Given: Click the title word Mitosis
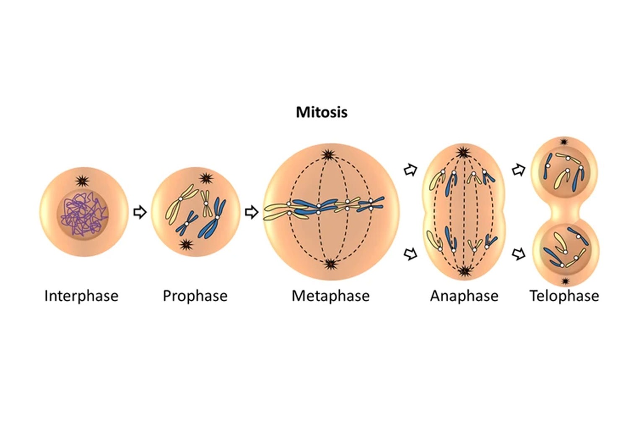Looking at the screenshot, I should pyautogui.click(x=322, y=112).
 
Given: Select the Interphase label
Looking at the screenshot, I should pyautogui.click(x=81, y=296).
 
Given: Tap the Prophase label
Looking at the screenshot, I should pyautogui.click(x=195, y=296).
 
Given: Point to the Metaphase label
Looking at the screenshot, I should pyautogui.click(x=330, y=296).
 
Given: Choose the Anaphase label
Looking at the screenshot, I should pyautogui.click(x=464, y=296).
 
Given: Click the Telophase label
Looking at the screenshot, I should pyautogui.click(x=564, y=296).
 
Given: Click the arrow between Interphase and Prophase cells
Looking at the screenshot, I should pyautogui.click(x=140, y=212).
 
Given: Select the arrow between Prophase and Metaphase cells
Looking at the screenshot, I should pyautogui.click(x=251, y=212).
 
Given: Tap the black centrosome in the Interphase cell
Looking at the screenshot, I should pyautogui.click(x=82, y=181).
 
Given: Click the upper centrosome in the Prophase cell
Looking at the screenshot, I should pyautogui.click(x=205, y=179).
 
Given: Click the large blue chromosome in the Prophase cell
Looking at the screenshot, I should pyautogui.click(x=215, y=218).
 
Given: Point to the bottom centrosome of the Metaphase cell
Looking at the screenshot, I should pyautogui.click(x=331, y=264).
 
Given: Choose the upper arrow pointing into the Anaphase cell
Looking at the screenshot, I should pyautogui.click(x=410, y=170).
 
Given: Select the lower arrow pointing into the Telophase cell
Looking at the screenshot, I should pyautogui.click(x=519, y=253).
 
